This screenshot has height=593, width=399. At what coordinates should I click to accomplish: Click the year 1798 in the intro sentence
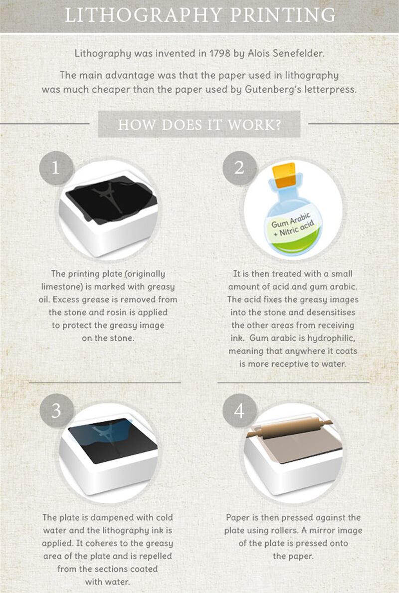point(220,53)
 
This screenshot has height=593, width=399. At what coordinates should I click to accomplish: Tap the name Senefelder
point(297,53)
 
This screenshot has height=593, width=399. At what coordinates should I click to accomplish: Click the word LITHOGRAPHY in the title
point(143,15)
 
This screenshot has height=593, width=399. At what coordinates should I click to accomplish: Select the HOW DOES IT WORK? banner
point(199,124)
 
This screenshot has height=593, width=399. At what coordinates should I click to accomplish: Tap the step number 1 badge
point(56,168)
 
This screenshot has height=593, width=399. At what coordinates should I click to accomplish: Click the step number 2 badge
point(239,168)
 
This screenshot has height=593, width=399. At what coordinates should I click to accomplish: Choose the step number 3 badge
point(56,411)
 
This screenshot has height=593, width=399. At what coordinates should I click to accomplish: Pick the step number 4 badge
point(239,411)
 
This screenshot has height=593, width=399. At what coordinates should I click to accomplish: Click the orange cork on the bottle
point(285,175)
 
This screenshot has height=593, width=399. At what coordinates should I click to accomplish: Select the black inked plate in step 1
point(112,199)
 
